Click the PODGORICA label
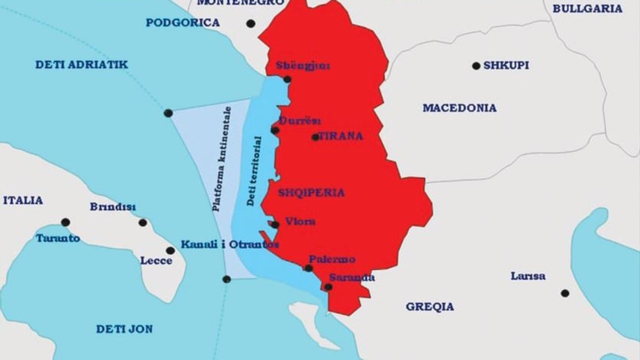[182, 23]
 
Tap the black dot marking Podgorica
[251, 24]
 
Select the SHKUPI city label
[506, 66]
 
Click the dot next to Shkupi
[476, 66]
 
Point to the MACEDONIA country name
[460, 108]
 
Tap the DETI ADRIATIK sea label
[82, 65]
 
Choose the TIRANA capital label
[341, 136]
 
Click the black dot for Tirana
[315, 137]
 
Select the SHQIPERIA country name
[312, 193]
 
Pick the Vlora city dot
[276, 225]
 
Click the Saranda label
[352, 278]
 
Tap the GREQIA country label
[430, 307]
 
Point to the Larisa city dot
[565, 293]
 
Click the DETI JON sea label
[124, 329]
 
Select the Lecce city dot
[170, 250]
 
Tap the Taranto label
[58, 238]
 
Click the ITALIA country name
[23, 201]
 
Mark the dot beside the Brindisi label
[143, 223]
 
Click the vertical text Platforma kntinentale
[223, 159]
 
